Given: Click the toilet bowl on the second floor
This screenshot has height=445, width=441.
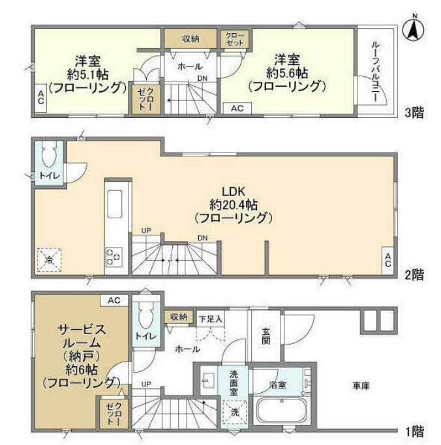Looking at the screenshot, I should click(x=48, y=156).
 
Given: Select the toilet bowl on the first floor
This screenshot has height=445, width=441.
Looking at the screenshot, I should click(x=147, y=314).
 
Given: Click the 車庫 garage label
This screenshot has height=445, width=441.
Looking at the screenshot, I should click(x=361, y=386).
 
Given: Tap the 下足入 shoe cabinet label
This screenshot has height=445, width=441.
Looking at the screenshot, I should click(x=211, y=318).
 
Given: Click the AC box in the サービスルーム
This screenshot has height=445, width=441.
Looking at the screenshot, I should click(x=114, y=300).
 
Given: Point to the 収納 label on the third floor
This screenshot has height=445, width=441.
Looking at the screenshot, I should click(x=190, y=39).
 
